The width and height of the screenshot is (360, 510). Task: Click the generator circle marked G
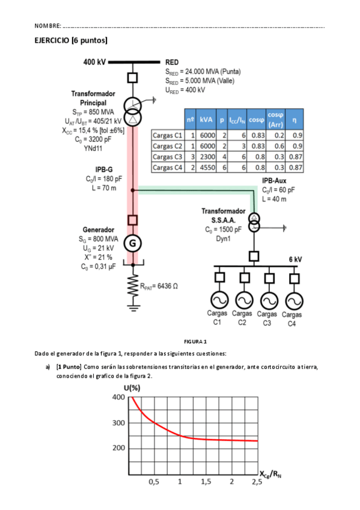[133, 243]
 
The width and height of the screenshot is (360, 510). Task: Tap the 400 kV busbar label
[94, 61]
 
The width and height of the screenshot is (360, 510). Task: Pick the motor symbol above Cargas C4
[293, 300]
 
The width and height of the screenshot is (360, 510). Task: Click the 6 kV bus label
[294, 259]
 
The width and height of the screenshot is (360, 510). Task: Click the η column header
[295, 120]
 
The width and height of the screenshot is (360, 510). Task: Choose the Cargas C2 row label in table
[167, 146]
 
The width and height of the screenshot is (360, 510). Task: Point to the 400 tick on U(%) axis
[118, 398]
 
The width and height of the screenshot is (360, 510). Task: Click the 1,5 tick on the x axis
[206, 482]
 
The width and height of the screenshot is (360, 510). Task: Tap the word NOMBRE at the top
[47, 26]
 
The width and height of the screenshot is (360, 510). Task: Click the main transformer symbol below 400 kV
[133, 110]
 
